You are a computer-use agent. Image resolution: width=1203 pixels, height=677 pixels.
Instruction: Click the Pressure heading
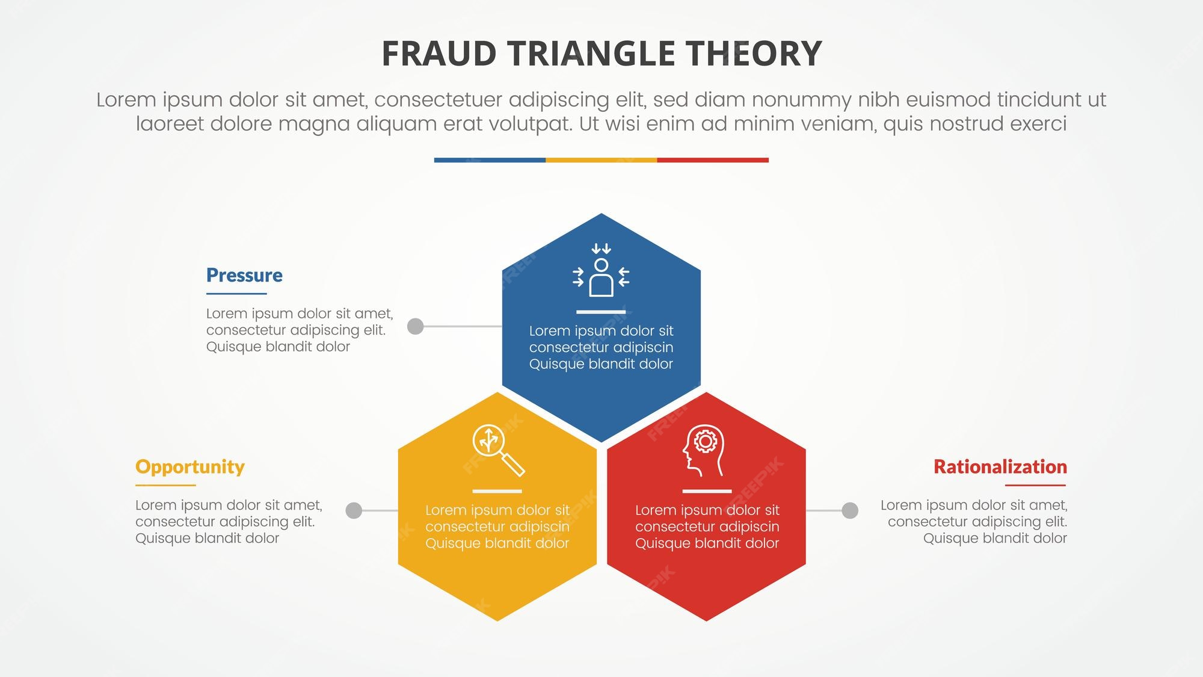click(x=244, y=275)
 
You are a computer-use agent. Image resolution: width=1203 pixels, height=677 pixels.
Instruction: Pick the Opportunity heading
click(x=189, y=467)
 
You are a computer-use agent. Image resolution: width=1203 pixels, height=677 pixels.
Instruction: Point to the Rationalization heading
click(x=1000, y=467)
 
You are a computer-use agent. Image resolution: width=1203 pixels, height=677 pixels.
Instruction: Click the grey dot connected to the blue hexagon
click(x=415, y=326)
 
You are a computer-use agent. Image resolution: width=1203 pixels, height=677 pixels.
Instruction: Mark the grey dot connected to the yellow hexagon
click(x=354, y=510)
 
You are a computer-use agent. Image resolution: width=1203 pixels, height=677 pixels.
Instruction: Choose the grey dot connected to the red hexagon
click(x=849, y=510)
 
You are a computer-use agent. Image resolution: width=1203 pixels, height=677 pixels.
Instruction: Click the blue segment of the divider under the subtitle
click(x=490, y=160)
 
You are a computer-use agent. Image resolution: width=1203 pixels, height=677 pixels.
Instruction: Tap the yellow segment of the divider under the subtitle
click(x=601, y=160)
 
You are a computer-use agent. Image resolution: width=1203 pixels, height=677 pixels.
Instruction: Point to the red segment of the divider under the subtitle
click(x=713, y=160)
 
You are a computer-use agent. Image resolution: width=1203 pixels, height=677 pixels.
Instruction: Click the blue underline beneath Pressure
click(x=236, y=294)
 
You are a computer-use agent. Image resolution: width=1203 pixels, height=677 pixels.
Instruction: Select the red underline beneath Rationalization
click(x=1035, y=485)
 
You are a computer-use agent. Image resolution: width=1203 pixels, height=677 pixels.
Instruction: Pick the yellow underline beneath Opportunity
click(x=165, y=485)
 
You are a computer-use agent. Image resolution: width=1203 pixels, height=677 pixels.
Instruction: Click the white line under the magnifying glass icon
click(x=497, y=491)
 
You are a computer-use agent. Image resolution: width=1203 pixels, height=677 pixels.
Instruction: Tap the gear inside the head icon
click(x=706, y=442)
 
